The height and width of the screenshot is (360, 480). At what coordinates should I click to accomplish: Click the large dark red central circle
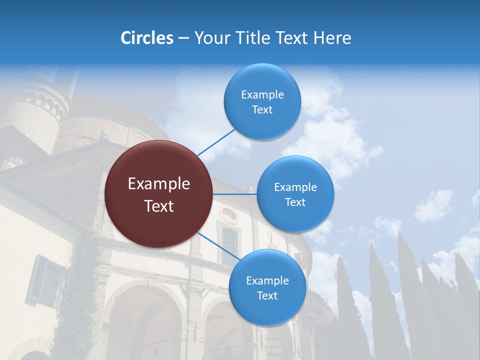(158, 194)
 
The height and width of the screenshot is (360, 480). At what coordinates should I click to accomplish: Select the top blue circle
(262, 101)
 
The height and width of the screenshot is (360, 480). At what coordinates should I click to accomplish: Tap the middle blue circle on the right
(295, 194)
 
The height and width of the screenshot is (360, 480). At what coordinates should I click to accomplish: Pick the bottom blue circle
(267, 287)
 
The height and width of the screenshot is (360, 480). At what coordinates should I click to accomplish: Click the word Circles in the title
(146, 38)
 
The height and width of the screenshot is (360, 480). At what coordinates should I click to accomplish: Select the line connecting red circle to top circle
(216, 142)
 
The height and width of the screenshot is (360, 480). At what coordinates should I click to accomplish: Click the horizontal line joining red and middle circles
(234, 194)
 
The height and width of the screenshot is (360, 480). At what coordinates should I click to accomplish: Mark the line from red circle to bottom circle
(218, 246)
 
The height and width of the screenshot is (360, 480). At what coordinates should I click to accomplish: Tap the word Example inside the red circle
(158, 184)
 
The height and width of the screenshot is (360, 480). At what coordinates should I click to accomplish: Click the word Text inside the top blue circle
(262, 110)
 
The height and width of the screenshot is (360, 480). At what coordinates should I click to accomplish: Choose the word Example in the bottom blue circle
(267, 280)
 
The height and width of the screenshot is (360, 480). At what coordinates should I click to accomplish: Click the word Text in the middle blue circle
(295, 202)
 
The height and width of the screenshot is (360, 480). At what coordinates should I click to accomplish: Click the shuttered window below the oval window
(229, 245)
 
